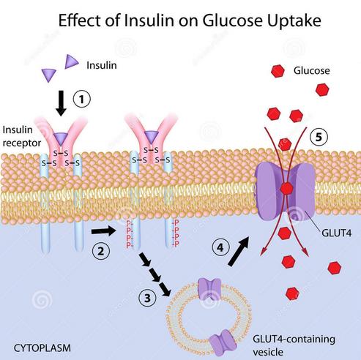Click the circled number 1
tap(81, 100)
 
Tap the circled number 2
tap(101, 251)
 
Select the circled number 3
tap(147, 298)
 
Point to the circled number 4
tap(220, 248)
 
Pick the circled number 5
tap(319, 138)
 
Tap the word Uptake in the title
tap(294, 21)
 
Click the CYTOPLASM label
tap(42, 348)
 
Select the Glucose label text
tap(312, 71)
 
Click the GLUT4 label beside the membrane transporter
tap(337, 233)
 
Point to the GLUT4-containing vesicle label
tap(294, 345)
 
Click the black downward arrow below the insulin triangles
tap(61, 103)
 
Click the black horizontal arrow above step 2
tap(103, 231)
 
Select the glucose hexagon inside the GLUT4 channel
tap(286, 188)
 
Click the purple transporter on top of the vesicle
tap(209, 289)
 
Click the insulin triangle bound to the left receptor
tap(61, 138)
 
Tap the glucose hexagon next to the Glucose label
tap(278, 71)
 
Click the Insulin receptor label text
tap(22, 137)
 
